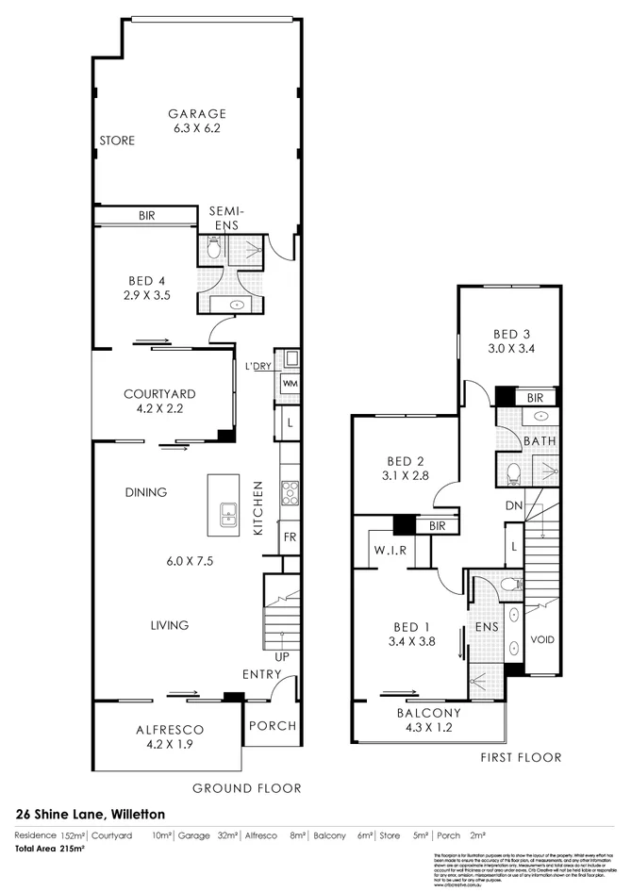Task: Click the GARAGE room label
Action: pyautogui.click(x=197, y=113)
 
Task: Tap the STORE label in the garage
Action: pyautogui.click(x=117, y=140)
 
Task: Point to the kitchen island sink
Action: pyautogui.click(x=227, y=514)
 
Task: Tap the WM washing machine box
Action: pyautogui.click(x=290, y=384)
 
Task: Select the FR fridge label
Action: pyautogui.click(x=290, y=537)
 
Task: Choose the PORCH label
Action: pyautogui.click(x=272, y=726)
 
